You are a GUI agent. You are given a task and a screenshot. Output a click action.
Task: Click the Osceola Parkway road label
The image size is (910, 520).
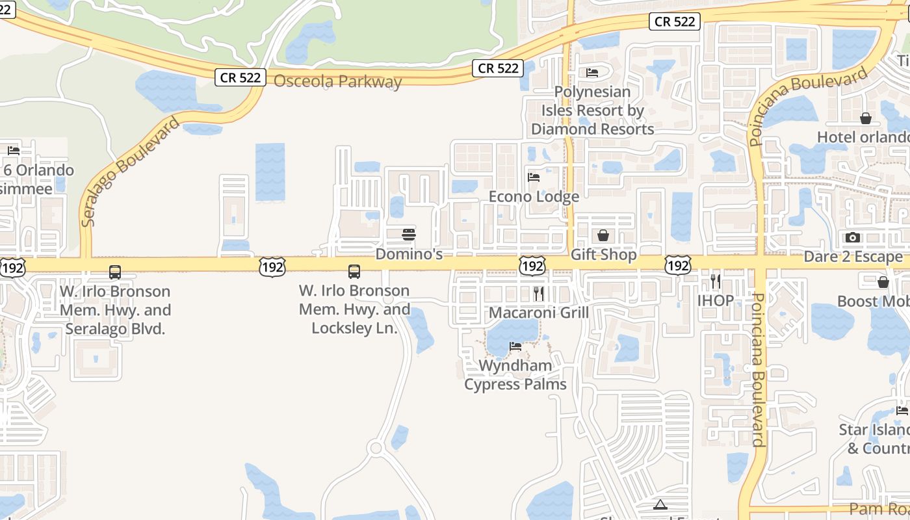click(x=337, y=82)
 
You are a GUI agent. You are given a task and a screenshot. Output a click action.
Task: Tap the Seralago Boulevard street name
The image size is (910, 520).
click(x=130, y=172)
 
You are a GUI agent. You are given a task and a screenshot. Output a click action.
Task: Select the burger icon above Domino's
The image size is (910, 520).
click(x=409, y=235)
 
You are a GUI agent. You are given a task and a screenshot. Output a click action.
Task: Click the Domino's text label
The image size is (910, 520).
click(x=409, y=254)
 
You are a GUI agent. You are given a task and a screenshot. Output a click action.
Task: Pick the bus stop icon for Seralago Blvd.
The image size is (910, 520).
click(x=115, y=272)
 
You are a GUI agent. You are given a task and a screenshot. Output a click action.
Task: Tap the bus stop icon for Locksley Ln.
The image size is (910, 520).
click(x=354, y=272)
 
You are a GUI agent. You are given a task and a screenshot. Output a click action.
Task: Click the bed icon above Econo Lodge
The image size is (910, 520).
click(x=534, y=177)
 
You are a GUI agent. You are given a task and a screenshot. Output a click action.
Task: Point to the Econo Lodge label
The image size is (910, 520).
click(x=534, y=196)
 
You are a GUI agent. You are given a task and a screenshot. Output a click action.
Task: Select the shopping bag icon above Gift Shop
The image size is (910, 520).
click(x=603, y=235)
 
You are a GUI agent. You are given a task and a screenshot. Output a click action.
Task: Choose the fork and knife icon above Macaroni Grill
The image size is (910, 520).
click(x=538, y=294)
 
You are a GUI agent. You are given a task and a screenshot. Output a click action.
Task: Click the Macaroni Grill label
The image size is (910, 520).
click(x=538, y=313)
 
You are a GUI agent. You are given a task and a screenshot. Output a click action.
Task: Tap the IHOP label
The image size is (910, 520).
click(x=716, y=300)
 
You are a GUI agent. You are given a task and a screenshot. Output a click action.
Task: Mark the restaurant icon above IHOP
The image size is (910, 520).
click(x=716, y=281)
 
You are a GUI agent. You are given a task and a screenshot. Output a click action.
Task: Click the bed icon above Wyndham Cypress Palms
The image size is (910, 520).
click(x=515, y=346)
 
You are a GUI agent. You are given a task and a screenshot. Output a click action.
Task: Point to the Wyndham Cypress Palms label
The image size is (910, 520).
click(x=515, y=375)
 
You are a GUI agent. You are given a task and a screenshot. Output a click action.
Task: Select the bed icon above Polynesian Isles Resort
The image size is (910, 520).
click(x=591, y=73)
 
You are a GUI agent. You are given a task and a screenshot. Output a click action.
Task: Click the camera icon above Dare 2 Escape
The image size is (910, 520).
click(x=853, y=238)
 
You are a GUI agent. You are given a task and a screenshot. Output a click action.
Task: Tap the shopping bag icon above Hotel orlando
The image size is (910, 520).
click(x=866, y=118)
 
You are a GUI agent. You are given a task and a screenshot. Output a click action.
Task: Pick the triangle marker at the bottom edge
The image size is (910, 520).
click(x=660, y=504)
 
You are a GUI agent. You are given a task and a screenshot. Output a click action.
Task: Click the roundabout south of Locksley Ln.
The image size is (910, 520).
click(x=375, y=448)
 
